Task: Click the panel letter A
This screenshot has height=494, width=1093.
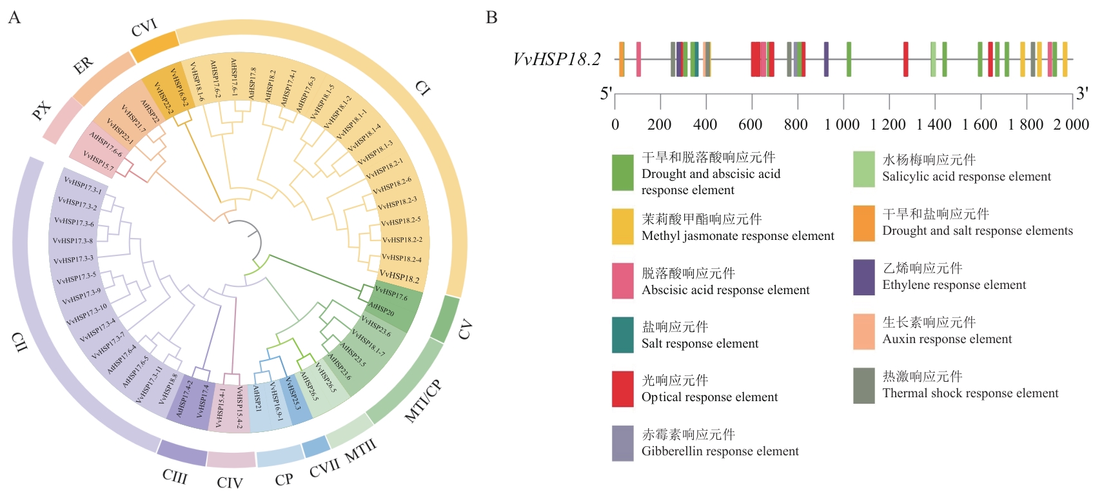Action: click(x=14, y=17)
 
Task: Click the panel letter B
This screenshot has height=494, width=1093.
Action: click(x=491, y=17)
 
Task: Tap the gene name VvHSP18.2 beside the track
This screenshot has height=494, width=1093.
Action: click(x=556, y=59)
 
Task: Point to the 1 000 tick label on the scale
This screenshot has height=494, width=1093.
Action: click(x=842, y=124)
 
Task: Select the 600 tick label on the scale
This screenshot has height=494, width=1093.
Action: click(x=750, y=124)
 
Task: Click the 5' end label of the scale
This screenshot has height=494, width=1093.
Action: click(x=606, y=94)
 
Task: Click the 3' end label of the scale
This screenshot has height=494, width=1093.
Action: click(x=1081, y=94)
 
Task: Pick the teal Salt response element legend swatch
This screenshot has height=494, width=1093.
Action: click(x=622, y=335)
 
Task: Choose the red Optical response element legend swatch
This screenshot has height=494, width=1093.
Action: click(x=622, y=389)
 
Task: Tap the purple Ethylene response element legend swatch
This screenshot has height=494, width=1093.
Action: click(x=863, y=277)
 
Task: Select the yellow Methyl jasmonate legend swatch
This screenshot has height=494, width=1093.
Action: click(x=622, y=226)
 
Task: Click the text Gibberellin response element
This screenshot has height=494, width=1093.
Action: click(x=720, y=451)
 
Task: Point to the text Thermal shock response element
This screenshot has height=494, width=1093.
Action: click(x=970, y=393)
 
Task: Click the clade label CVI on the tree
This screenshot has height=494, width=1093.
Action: click(x=144, y=28)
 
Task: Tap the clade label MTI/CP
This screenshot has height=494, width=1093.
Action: click(x=422, y=401)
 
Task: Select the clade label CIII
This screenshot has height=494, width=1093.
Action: click(x=175, y=477)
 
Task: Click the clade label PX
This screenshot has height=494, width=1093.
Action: click(x=41, y=111)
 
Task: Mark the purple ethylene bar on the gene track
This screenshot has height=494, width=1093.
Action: click(x=826, y=59)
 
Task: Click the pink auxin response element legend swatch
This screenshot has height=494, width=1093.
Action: click(x=863, y=331)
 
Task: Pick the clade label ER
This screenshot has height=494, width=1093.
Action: click(x=83, y=65)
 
